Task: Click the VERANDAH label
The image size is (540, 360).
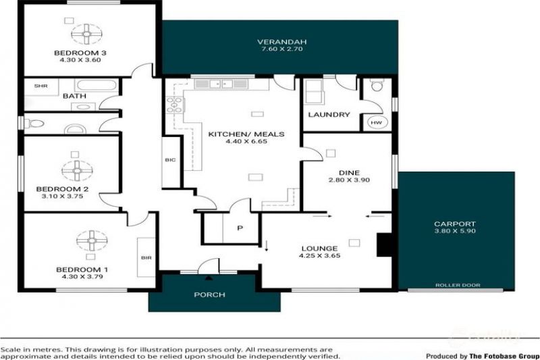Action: click(x=281, y=42)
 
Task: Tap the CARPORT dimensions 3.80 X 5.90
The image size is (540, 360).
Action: click(x=455, y=231)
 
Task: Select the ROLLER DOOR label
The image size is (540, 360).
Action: click(x=458, y=285)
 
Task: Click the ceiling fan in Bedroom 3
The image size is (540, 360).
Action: click(x=86, y=34)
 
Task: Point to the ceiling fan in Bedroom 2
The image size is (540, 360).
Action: click(x=77, y=170)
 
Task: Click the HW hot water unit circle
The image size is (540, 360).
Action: click(x=377, y=122)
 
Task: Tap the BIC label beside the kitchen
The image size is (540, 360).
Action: click(x=170, y=160)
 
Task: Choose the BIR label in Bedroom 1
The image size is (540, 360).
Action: click(x=146, y=258)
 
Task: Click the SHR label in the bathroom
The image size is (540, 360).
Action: click(x=40, y=86)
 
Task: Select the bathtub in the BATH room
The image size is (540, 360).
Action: click(x=96, y=85)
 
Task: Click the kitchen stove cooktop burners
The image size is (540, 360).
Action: click(x=175, y=105)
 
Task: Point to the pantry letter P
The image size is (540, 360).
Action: click(x=240, y=228)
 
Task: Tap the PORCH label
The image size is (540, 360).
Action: click(x=209, y=295)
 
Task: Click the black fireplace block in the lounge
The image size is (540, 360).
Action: click(x=384, y=245)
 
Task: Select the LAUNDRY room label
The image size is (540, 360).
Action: click(x=329, y=115)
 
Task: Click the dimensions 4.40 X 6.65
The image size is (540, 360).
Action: click(x=246, y=142)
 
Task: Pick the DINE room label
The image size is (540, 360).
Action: click(x=349, y=173)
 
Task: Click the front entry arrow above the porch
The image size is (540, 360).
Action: click(x=209, y=278)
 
